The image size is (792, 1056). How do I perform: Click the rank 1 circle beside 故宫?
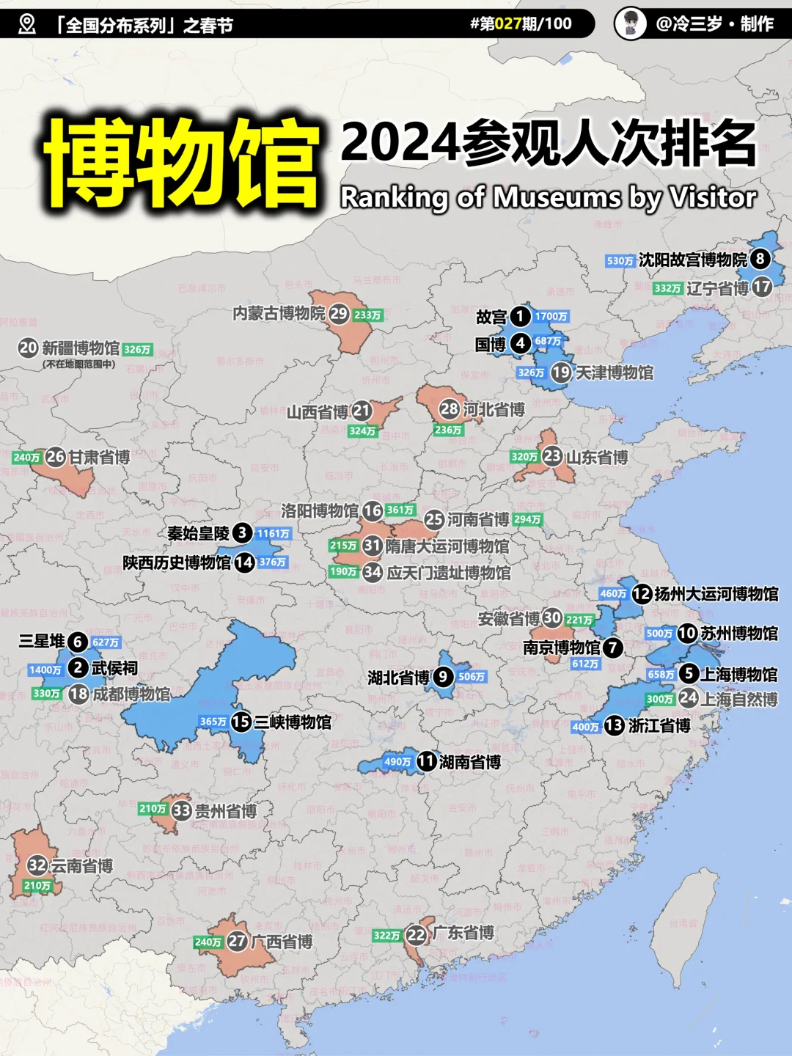click(520, 316)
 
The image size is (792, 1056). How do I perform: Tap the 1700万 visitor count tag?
click(551, 317)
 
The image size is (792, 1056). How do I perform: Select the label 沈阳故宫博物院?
click(692, 260)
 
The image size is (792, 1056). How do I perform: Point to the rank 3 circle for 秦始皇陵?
click(243, 533)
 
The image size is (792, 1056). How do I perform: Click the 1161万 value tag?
click(274, 534)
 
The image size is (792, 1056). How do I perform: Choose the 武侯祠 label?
click(114, 668)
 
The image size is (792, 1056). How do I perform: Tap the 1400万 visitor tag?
click(45, 670)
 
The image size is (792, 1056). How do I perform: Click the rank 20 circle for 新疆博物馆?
click(29, 348)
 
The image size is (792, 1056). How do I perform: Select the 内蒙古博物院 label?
click(279, 314)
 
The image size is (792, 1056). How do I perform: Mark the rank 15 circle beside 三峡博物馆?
click(241, 722)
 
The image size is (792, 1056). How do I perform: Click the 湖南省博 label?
click(470, 763)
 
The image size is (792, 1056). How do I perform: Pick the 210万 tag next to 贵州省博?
click(153, 809)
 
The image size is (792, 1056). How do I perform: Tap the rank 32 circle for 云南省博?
click(37, 865)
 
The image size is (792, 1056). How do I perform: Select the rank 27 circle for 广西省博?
click(237, 941)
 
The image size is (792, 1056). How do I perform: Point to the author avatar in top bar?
click(630, 23)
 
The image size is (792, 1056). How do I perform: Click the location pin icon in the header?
click(27, 24)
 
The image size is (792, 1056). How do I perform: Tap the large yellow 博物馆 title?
click(182, 163)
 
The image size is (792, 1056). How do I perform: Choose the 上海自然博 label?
click(739, 700)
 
